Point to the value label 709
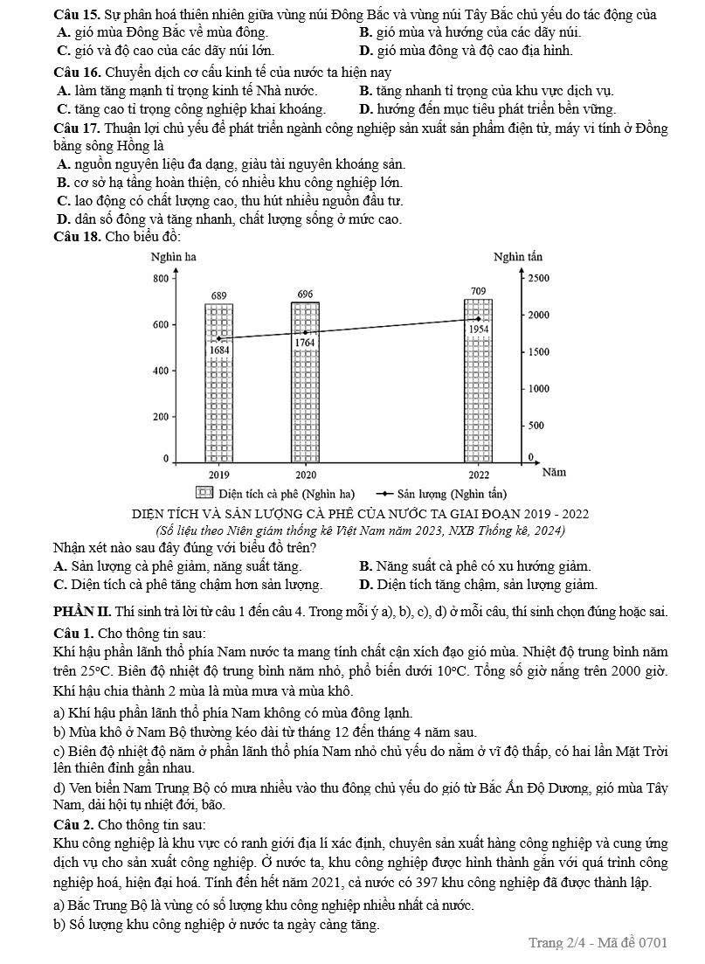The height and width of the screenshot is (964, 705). click(x=478, y=290)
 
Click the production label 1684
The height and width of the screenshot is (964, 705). click(x=219, y=350)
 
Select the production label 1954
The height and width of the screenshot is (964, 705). click(x=478, y=329)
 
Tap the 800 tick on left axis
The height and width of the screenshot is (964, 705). click(x=160, y=278)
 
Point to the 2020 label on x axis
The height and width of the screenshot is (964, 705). click(x=305, y=475)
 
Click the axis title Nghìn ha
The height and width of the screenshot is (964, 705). click(x=173, y=256)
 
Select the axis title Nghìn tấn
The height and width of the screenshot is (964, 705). click(x=517, y=256)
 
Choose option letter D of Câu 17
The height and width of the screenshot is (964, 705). click(x=62, y=218)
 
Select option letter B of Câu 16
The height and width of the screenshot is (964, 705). click(x=365, y=90)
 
